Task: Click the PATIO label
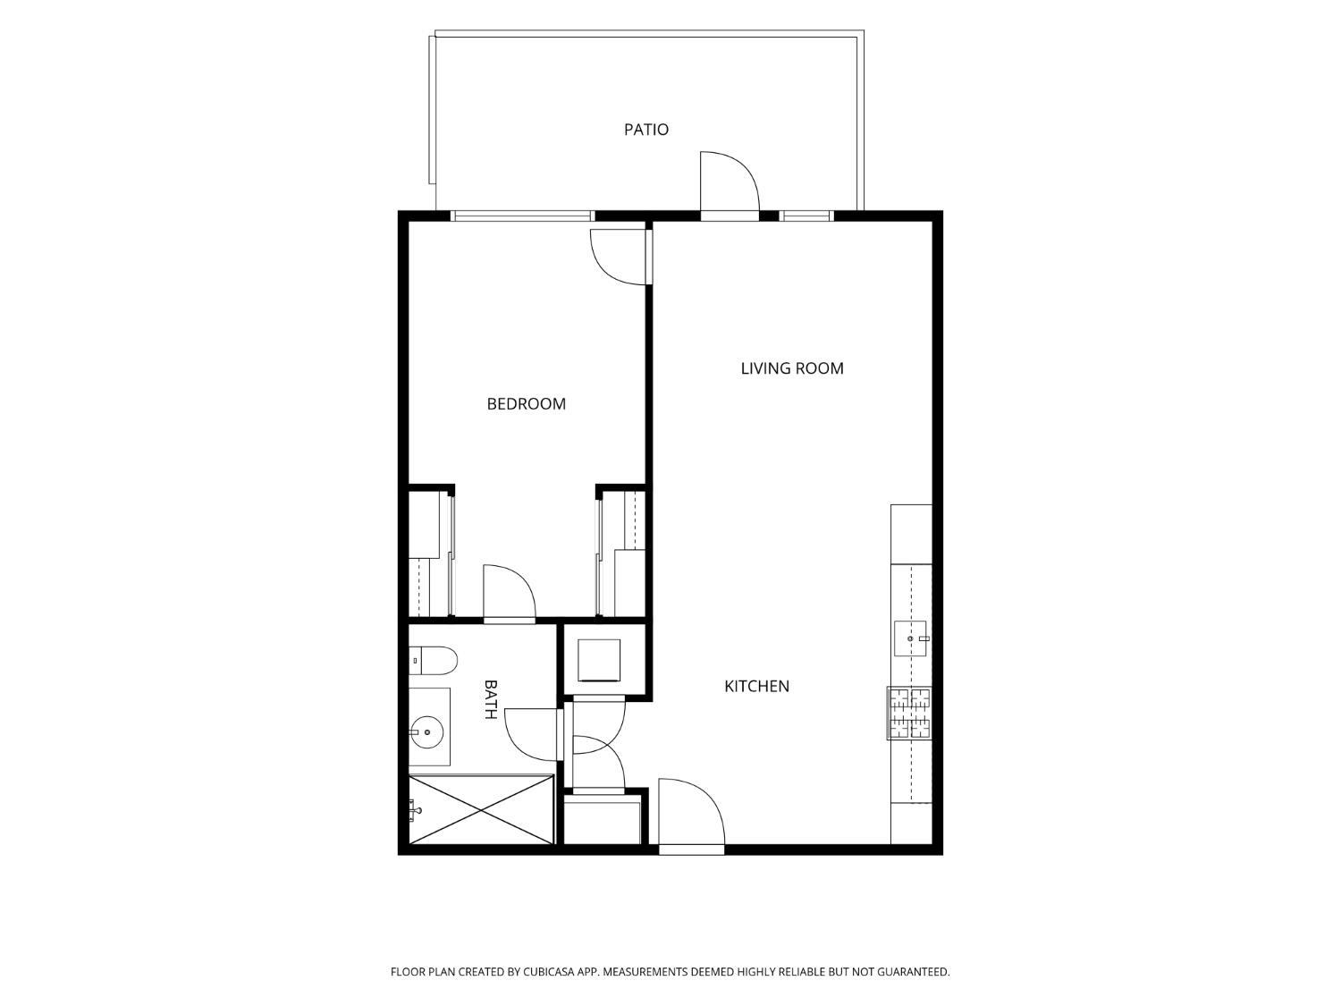645,130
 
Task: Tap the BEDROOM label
526,404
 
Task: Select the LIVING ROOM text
792,368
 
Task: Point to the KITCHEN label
756,686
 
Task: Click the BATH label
490,699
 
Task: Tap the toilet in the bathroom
433,660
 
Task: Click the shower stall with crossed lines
481,809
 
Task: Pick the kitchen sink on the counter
910,638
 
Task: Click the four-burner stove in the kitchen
909,713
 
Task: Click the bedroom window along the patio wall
522,216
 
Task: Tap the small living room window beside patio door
806,216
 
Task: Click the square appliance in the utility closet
599,660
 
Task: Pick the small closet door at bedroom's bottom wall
510,593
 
